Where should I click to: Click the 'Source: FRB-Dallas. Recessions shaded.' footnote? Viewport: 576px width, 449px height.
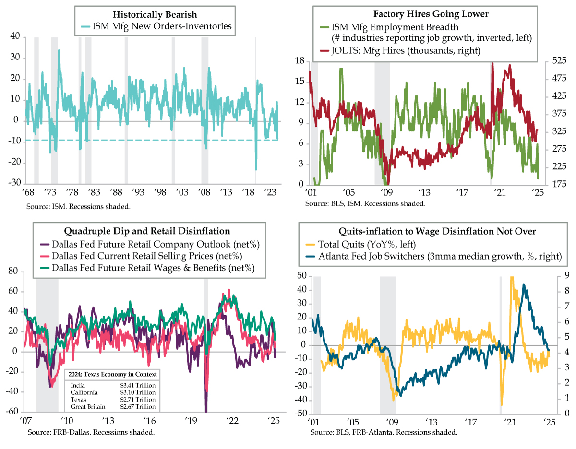pos(91,432)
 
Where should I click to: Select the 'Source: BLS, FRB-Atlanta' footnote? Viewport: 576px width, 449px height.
pos(384,432)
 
